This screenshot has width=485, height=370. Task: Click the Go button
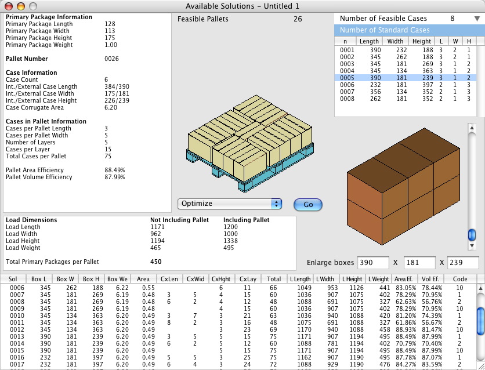(307, 204)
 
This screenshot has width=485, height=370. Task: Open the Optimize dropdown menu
(230, 204)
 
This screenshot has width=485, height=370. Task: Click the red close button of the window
(8, 5)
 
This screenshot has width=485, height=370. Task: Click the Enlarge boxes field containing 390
(372, 263)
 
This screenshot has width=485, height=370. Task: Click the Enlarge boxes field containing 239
(463, 263)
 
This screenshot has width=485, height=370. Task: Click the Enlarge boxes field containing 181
(419, 263)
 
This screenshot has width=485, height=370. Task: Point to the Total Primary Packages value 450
(156, 262)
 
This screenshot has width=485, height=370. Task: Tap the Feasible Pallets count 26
(298, 19)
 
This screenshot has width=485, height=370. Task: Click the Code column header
(460, 279)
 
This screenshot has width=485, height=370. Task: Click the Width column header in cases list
(395, 41)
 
